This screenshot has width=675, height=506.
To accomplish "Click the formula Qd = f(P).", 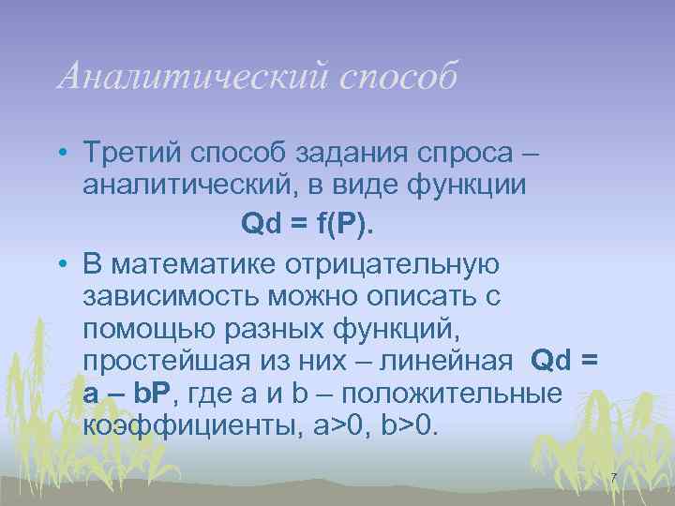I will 306,223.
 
